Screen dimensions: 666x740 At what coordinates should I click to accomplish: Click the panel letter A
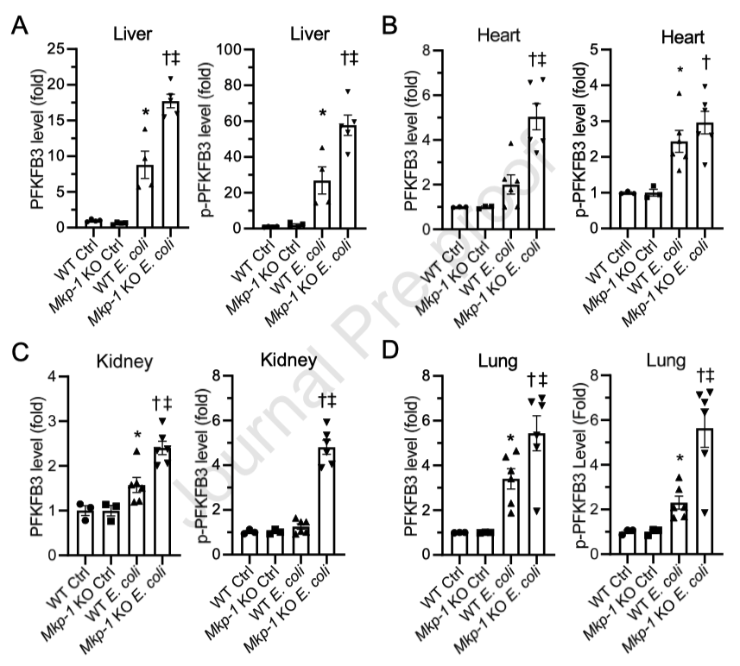[x=18, y=27]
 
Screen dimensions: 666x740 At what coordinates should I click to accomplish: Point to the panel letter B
[x=390, y=27]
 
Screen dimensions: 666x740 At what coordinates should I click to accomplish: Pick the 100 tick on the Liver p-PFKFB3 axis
[x=229, y=49]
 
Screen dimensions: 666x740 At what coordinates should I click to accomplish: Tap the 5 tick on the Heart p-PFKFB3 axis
[x=606, y=49]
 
